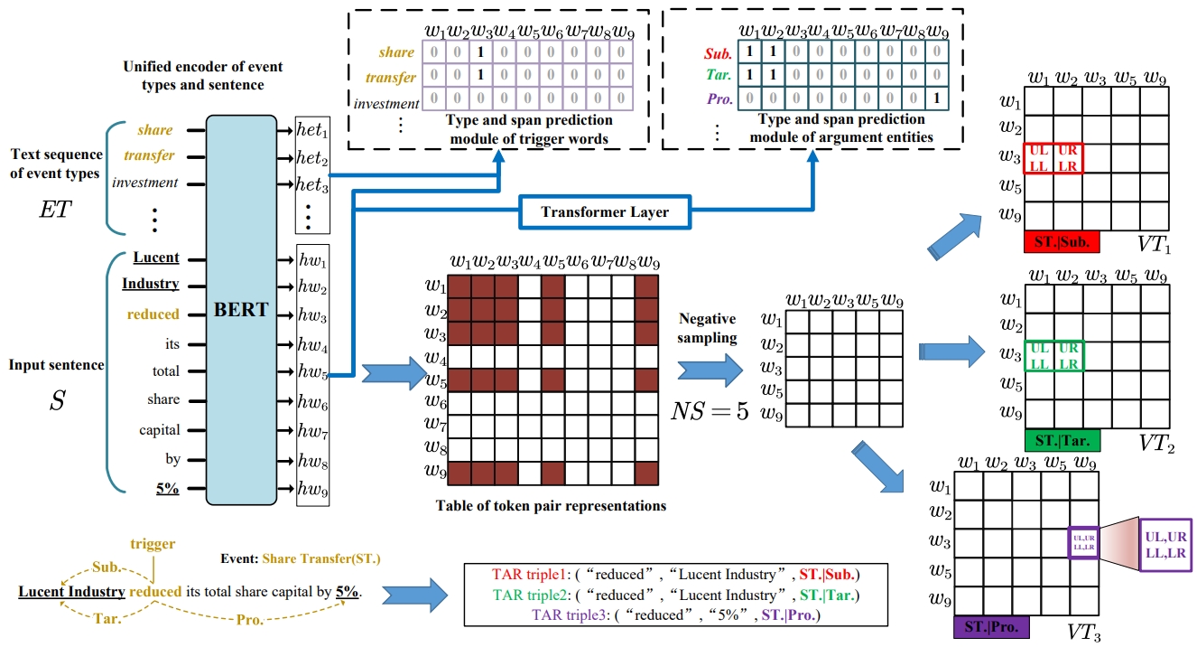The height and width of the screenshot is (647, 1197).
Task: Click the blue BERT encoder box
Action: tap(241, 309)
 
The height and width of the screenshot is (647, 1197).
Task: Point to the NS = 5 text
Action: tap(709, 412)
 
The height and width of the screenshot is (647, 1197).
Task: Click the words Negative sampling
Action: tap(709, 328)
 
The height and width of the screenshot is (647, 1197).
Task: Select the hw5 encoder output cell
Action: tap(312, 373)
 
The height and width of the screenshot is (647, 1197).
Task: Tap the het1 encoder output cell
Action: tap(312, 132)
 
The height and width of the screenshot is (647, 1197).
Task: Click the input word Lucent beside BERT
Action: tap(156, 258)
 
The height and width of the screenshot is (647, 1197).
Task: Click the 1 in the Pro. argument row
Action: tap(940, 98)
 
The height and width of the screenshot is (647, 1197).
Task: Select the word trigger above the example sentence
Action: tap(153, 543)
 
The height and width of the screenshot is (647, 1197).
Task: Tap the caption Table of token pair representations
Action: tap(551, 506)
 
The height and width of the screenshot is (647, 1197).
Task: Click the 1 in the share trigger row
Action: tap(481, 53)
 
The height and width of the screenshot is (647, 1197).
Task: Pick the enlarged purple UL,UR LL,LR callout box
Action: tap(1165, 545)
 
